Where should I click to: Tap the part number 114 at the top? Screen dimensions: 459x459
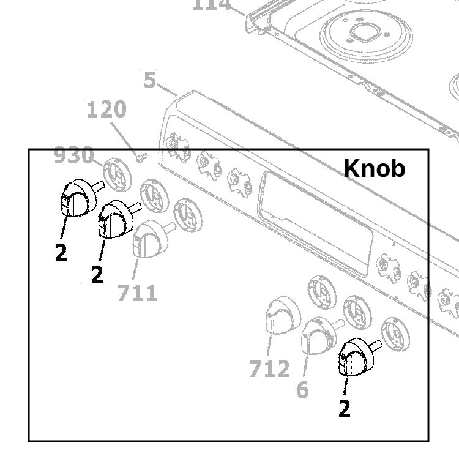coord(212,5)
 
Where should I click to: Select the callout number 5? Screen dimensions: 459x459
coord(150,80)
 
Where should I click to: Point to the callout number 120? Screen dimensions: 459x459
coord(106,110)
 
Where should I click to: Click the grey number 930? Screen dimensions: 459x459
coord(73,156)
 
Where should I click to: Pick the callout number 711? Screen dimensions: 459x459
coord(137,293)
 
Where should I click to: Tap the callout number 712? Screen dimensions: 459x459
coord(269,369)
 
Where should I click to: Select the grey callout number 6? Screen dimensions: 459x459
coord(302,389)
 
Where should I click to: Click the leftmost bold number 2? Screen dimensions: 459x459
coord(61,253)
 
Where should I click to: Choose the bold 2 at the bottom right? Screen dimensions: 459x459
coord(345,409)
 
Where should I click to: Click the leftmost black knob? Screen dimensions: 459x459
coord(78,197)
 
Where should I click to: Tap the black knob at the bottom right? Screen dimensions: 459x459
coord(356,357)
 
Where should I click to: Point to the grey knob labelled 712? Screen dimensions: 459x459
coord(282,316)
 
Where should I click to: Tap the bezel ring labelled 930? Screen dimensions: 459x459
coord(116,173)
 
